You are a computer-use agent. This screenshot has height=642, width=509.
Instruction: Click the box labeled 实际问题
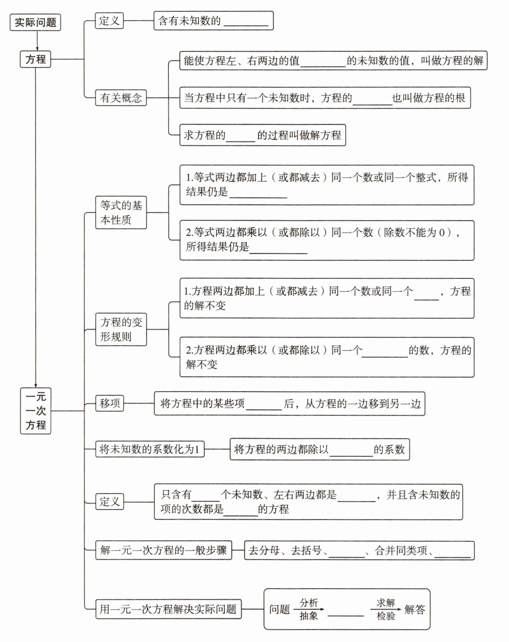(35, 22)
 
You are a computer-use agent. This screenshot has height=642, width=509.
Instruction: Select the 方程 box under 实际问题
(35, 59)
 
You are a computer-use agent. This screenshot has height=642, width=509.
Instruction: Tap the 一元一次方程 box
(36, 411)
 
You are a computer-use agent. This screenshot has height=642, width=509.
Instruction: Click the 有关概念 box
(121, 98)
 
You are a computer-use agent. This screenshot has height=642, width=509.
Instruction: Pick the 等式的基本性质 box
(121, 213)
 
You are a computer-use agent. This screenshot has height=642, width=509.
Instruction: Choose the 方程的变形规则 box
(121, 330)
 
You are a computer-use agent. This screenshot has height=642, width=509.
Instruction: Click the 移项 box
(109, 404)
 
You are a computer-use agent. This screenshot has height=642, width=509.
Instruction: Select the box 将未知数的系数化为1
(149, 449)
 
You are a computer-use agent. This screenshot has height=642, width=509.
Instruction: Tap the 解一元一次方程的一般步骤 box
(163, 550)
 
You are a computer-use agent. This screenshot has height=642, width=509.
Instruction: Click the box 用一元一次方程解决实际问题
(168, 609)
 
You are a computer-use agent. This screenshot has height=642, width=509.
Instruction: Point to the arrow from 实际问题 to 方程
(37, 41)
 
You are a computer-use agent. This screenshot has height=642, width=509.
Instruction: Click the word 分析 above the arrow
(308, 603)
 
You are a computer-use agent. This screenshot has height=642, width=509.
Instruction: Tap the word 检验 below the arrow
(386, 616)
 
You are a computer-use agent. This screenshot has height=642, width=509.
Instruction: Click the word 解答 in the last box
(415, 610)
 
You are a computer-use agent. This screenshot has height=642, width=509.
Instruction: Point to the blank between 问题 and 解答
(346, 612)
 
